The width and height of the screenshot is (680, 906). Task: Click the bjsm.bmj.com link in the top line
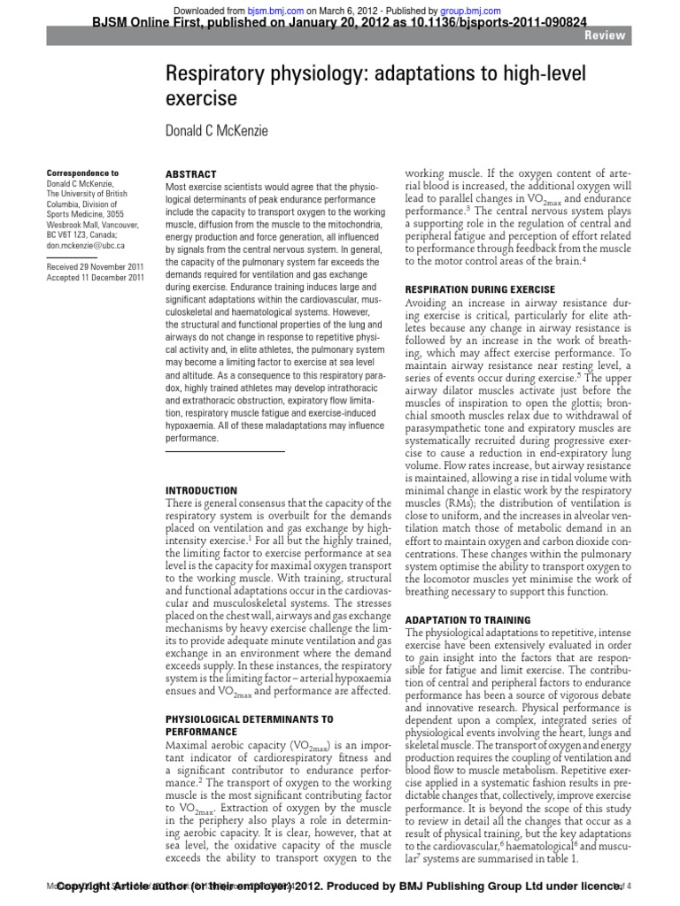pos(271,8)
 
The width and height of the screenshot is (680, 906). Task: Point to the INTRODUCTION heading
pos(202,490)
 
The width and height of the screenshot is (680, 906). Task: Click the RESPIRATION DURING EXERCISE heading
pos(479,289)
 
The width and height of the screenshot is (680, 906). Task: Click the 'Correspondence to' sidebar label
pos(81,173)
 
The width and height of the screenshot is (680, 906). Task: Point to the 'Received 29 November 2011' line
pos(94,266)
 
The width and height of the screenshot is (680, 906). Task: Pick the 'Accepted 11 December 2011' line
pos(94,278)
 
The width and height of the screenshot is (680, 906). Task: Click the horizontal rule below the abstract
pos(226,452)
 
